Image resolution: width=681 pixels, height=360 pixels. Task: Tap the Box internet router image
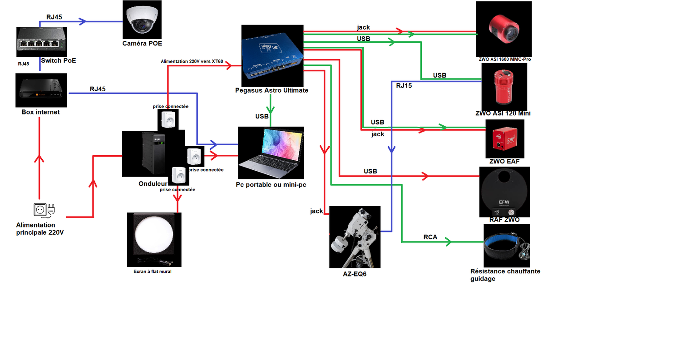tap(41, 90)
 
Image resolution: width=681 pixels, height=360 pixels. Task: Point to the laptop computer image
tap(271, 153)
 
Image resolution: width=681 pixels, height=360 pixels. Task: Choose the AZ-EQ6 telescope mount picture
tap(355, 237)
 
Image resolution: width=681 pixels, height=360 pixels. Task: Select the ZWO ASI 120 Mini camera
tap(504, 86)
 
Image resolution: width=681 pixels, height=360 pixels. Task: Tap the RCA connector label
tap(430, 237)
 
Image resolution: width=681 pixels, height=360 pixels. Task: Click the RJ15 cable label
tap(404, 85)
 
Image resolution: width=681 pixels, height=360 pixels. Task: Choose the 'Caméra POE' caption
tap(142, 44)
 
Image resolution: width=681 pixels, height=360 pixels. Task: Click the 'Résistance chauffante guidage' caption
tap(505, 275)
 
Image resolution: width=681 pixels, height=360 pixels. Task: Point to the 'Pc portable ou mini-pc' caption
tap(271, 185)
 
